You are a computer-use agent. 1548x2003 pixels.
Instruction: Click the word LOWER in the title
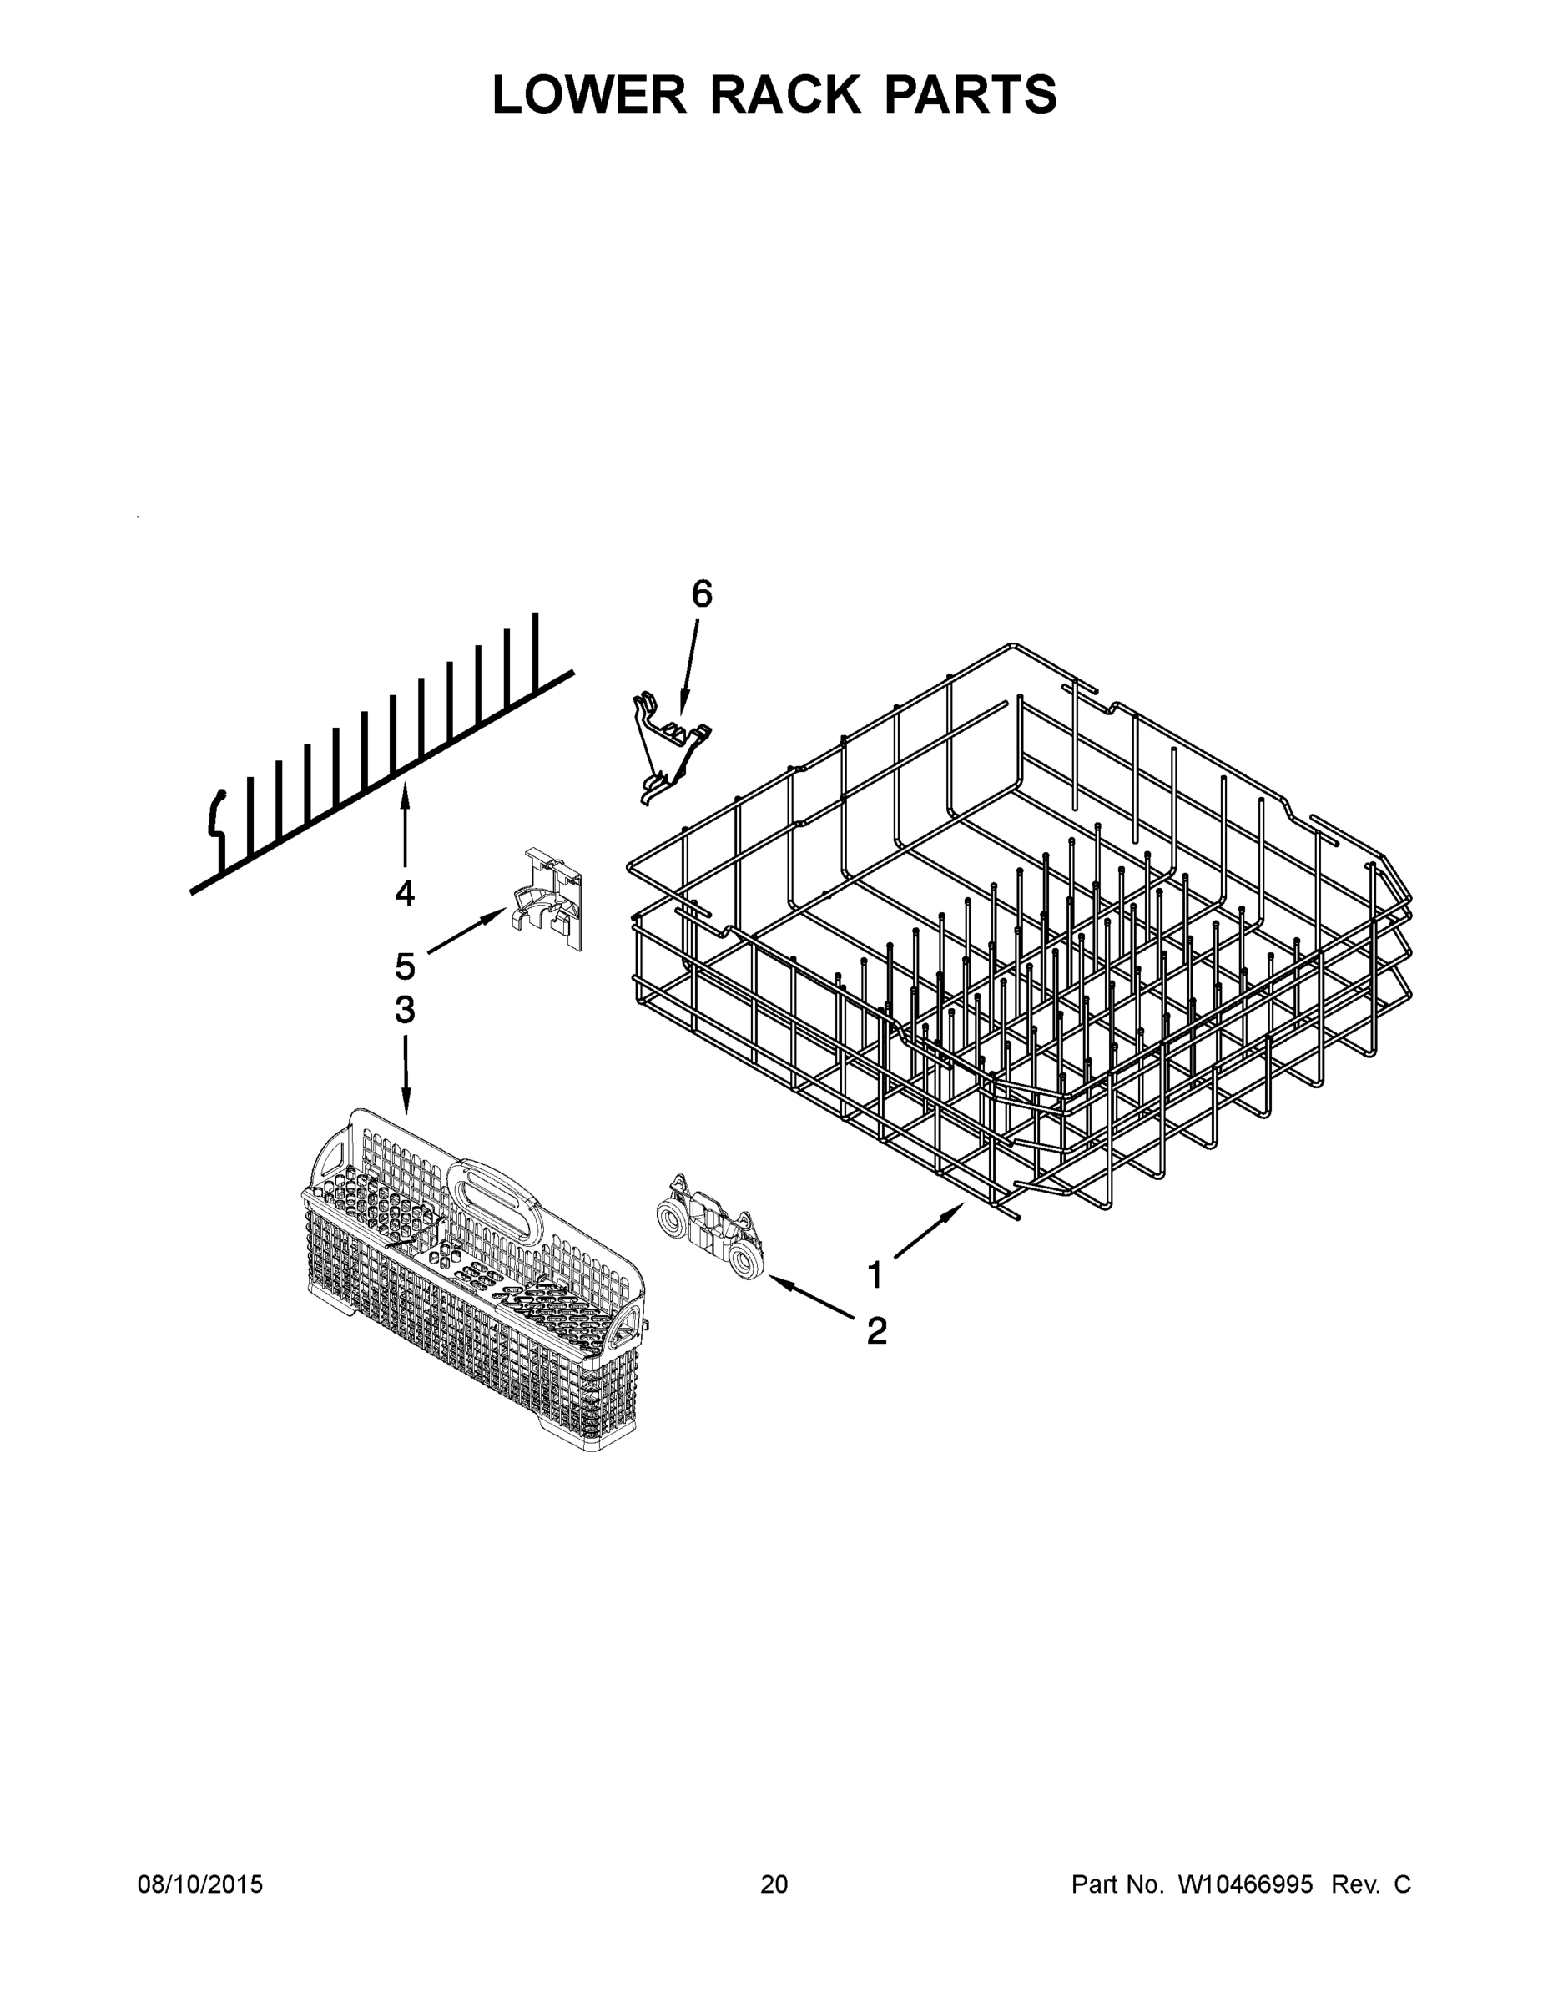589,94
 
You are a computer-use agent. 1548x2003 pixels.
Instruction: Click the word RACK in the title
786,94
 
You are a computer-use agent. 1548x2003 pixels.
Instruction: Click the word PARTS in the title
971,94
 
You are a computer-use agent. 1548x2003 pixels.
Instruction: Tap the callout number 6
701,594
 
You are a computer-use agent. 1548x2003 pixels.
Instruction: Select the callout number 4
405,892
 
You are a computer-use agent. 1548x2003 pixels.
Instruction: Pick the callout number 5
405,966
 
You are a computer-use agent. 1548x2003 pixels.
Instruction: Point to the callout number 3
405,1010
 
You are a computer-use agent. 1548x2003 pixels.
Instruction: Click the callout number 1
875,1274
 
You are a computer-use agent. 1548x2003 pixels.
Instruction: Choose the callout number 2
877,1331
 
